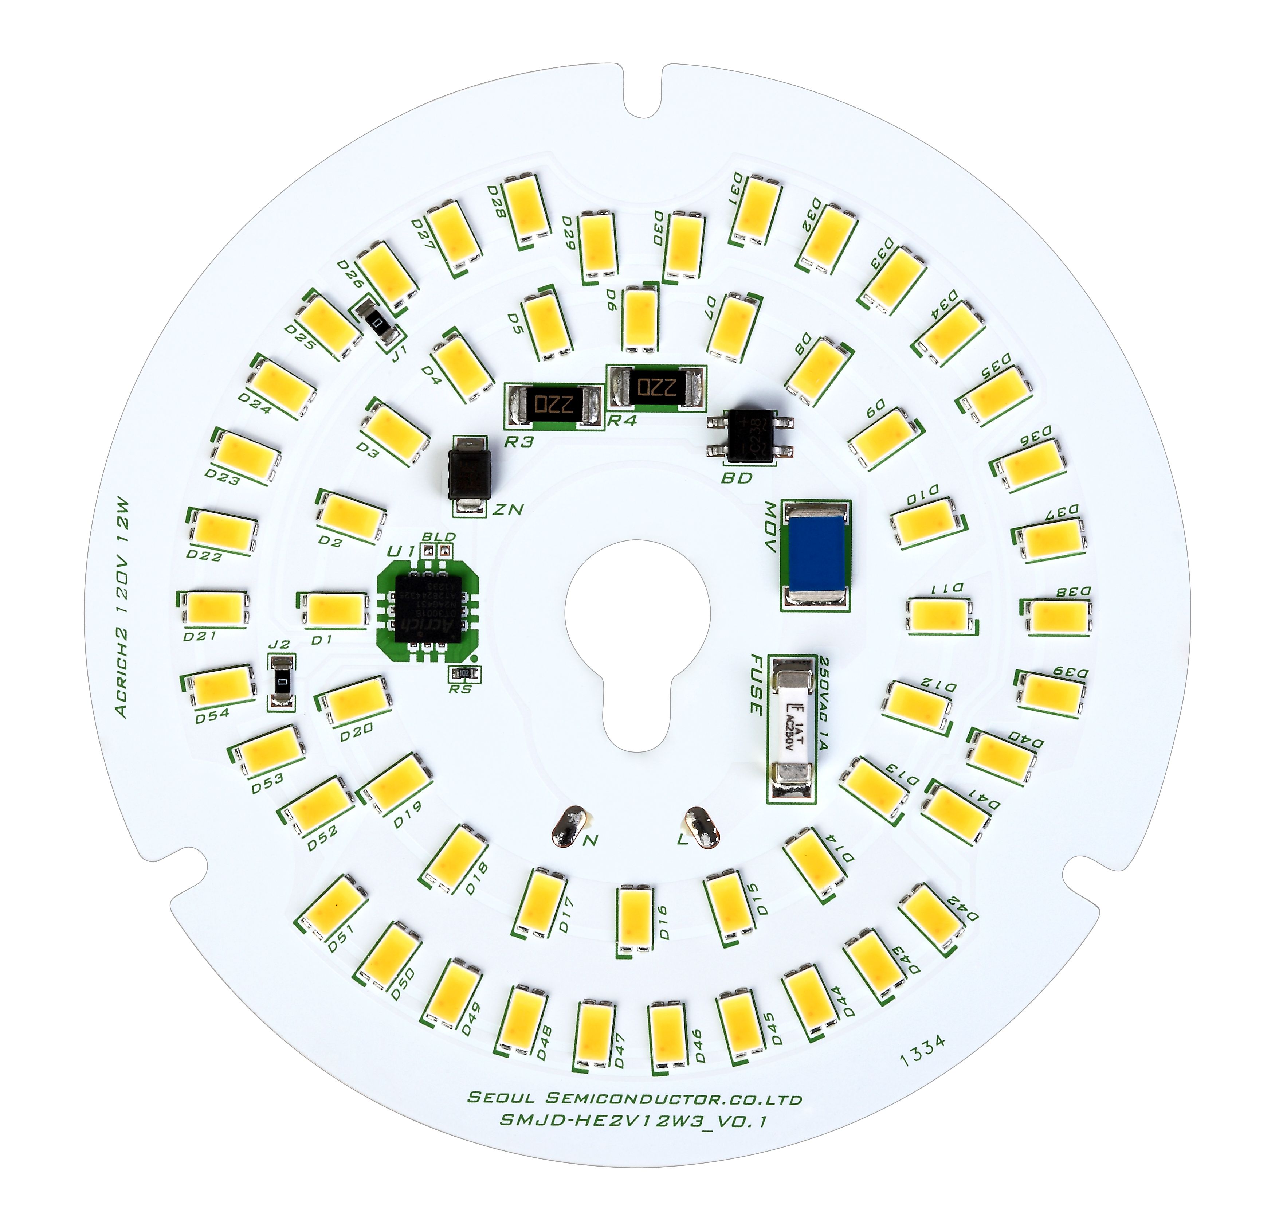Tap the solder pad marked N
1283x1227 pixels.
point(568,828)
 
